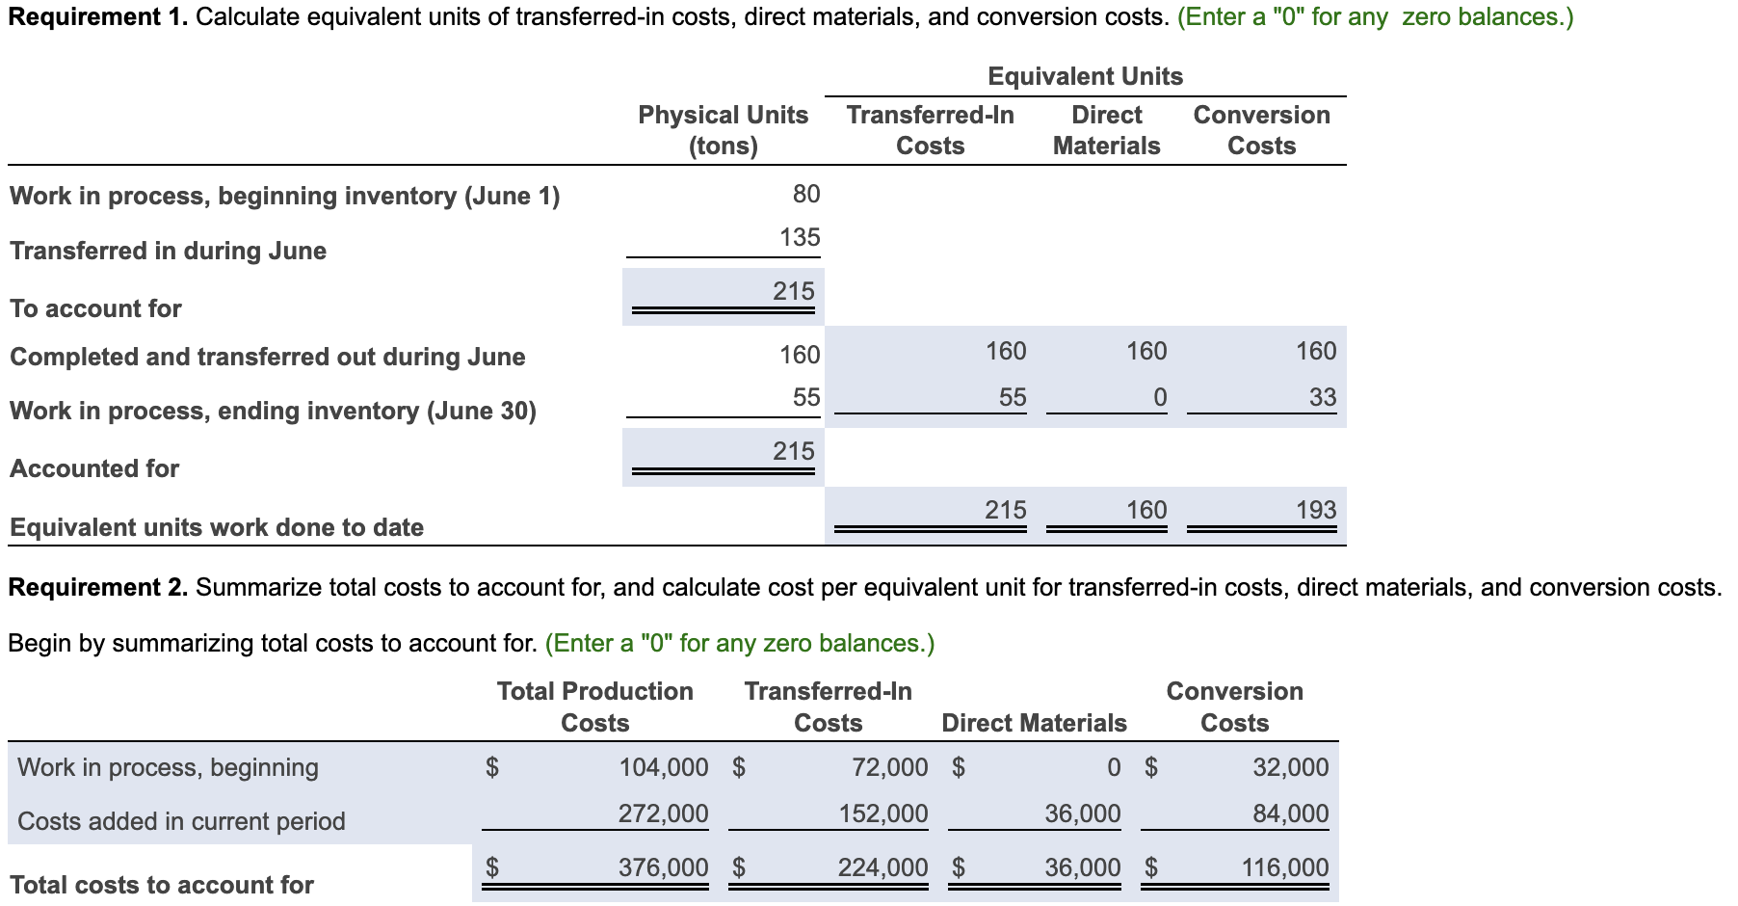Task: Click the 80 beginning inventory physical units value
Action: [x=805, y=194]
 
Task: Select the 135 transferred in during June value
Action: [x=800, y=237]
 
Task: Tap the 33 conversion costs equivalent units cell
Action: [x=1322, y=397]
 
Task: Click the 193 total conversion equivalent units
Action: [x=1315, y=510]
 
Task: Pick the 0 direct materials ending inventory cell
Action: [x=1159, y=397]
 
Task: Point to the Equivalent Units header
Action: [x=1085, y=76]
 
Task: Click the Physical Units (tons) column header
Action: [x=723, y=130]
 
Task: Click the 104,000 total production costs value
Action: [x=663, y=767]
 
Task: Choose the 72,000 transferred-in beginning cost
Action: [x=889, y=767]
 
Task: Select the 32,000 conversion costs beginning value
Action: [x=1290, y=767]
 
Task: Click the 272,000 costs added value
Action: [x=663, y=813]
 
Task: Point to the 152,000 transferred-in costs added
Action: [x=882, y=813]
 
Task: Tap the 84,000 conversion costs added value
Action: [x=1290, y=813]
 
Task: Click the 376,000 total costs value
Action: [x=663, y=867]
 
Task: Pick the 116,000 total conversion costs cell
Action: [x=1284, y=867]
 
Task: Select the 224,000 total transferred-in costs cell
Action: [x=882, y=867]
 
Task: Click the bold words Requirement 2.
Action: [x=97, y=587]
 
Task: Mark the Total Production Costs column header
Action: [x=594, y=706]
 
